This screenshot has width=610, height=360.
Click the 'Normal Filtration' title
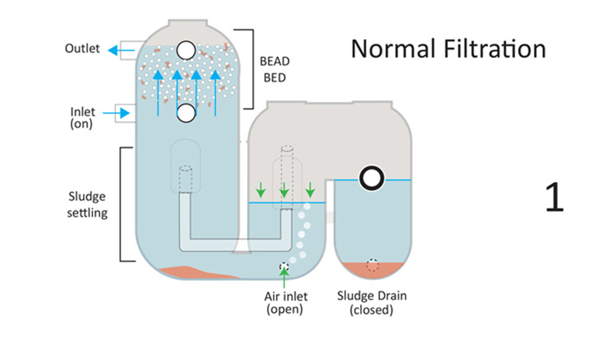(448, 49)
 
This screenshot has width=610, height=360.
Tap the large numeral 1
(554, 197)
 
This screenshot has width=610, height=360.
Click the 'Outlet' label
(82, 50)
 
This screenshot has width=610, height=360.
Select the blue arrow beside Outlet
(118, 50)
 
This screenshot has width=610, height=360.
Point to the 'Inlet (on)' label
(82, 117)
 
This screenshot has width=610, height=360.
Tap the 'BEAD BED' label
(271, 69)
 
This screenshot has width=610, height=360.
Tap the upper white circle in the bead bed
(185, 50)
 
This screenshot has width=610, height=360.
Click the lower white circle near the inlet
(185, 113)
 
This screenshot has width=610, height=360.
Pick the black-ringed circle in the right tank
(372, 178)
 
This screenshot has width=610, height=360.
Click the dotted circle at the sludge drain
(372, 266)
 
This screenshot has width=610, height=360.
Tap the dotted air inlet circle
(285, 267)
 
